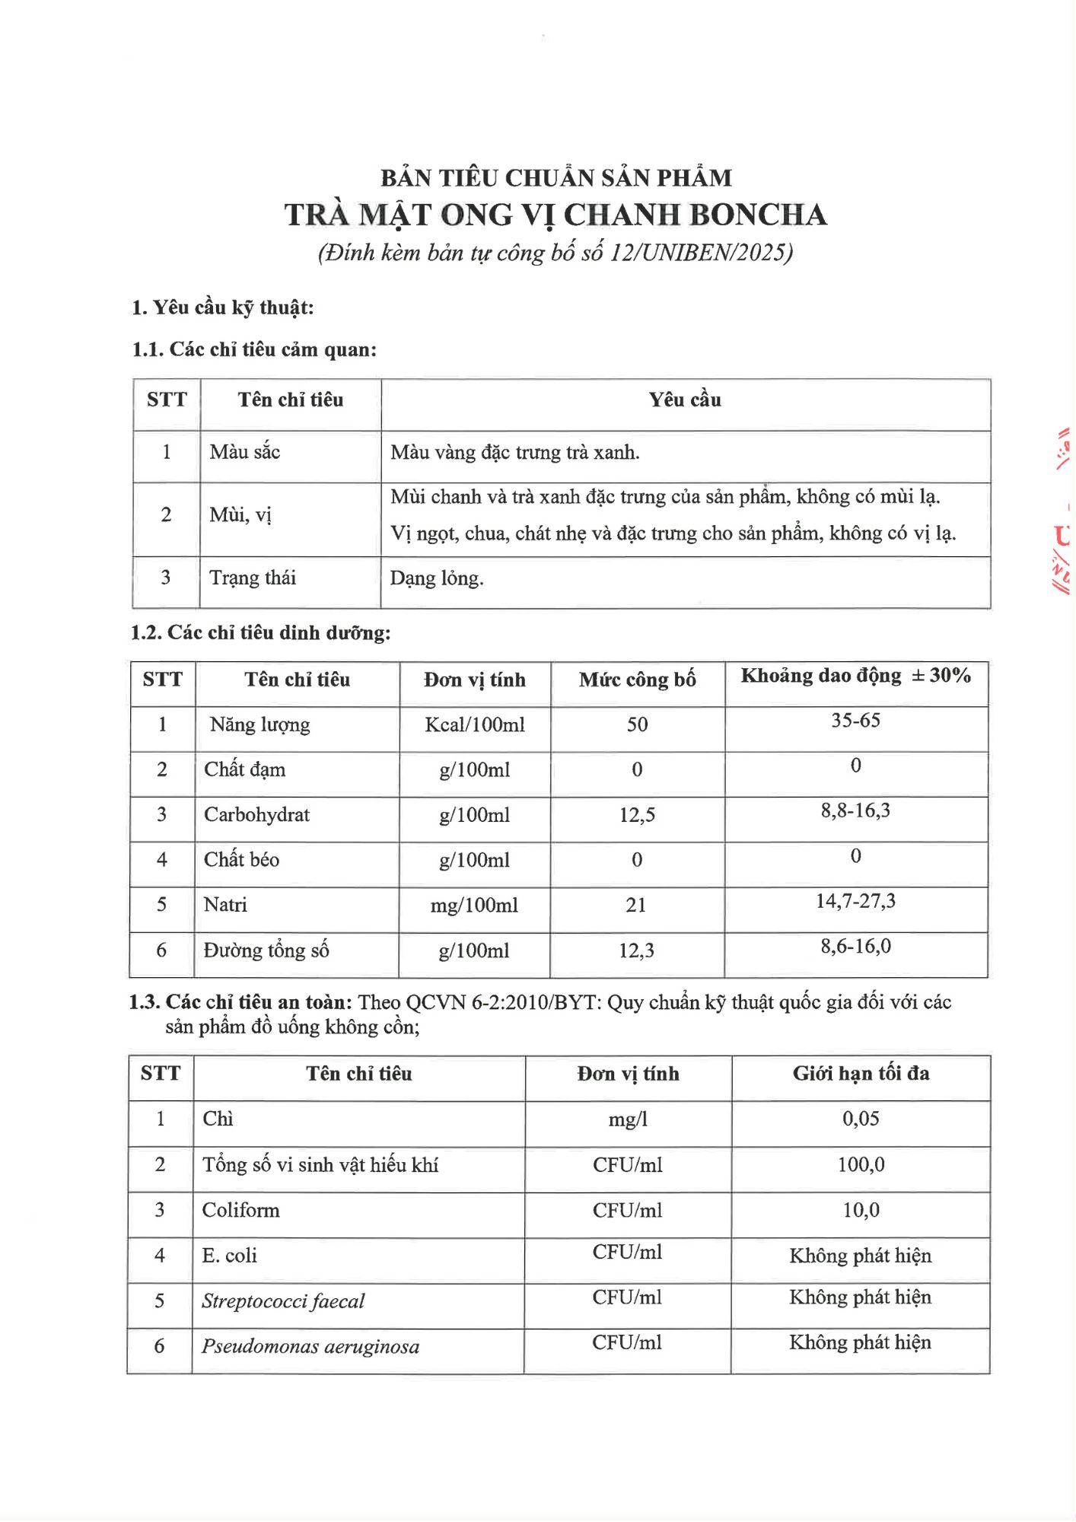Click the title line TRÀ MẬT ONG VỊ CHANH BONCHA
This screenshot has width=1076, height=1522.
[x=556, y=215]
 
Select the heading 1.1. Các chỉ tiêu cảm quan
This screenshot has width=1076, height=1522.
[x=254, y=349]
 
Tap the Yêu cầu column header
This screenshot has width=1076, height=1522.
[x=685, y=400]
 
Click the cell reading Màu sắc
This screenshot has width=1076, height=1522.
[x=245, y=453]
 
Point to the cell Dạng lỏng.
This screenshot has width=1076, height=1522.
[x=437, y=578]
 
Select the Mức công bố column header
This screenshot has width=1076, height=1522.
[x=637, y=680]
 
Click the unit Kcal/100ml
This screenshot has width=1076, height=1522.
[x=475, y=724]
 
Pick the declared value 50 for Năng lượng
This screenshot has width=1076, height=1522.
[x=637, y=724]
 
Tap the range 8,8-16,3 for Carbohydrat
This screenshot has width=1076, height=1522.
[x=855, y=810]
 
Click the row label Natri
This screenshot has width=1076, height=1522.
[x=225, y=905]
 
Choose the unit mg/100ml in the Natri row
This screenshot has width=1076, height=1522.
[x=474, y=905]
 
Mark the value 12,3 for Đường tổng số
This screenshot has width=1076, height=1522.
[x=636, y=950]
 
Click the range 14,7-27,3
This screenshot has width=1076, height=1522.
[x=855, y=901]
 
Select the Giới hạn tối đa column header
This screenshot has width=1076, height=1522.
[x=861, y=1074]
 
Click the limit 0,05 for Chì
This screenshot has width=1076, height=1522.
[x=861, y=1119]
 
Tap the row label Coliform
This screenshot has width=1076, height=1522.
[x=240, y=1210]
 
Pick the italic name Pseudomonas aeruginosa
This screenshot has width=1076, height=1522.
[x=310, y=1346]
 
